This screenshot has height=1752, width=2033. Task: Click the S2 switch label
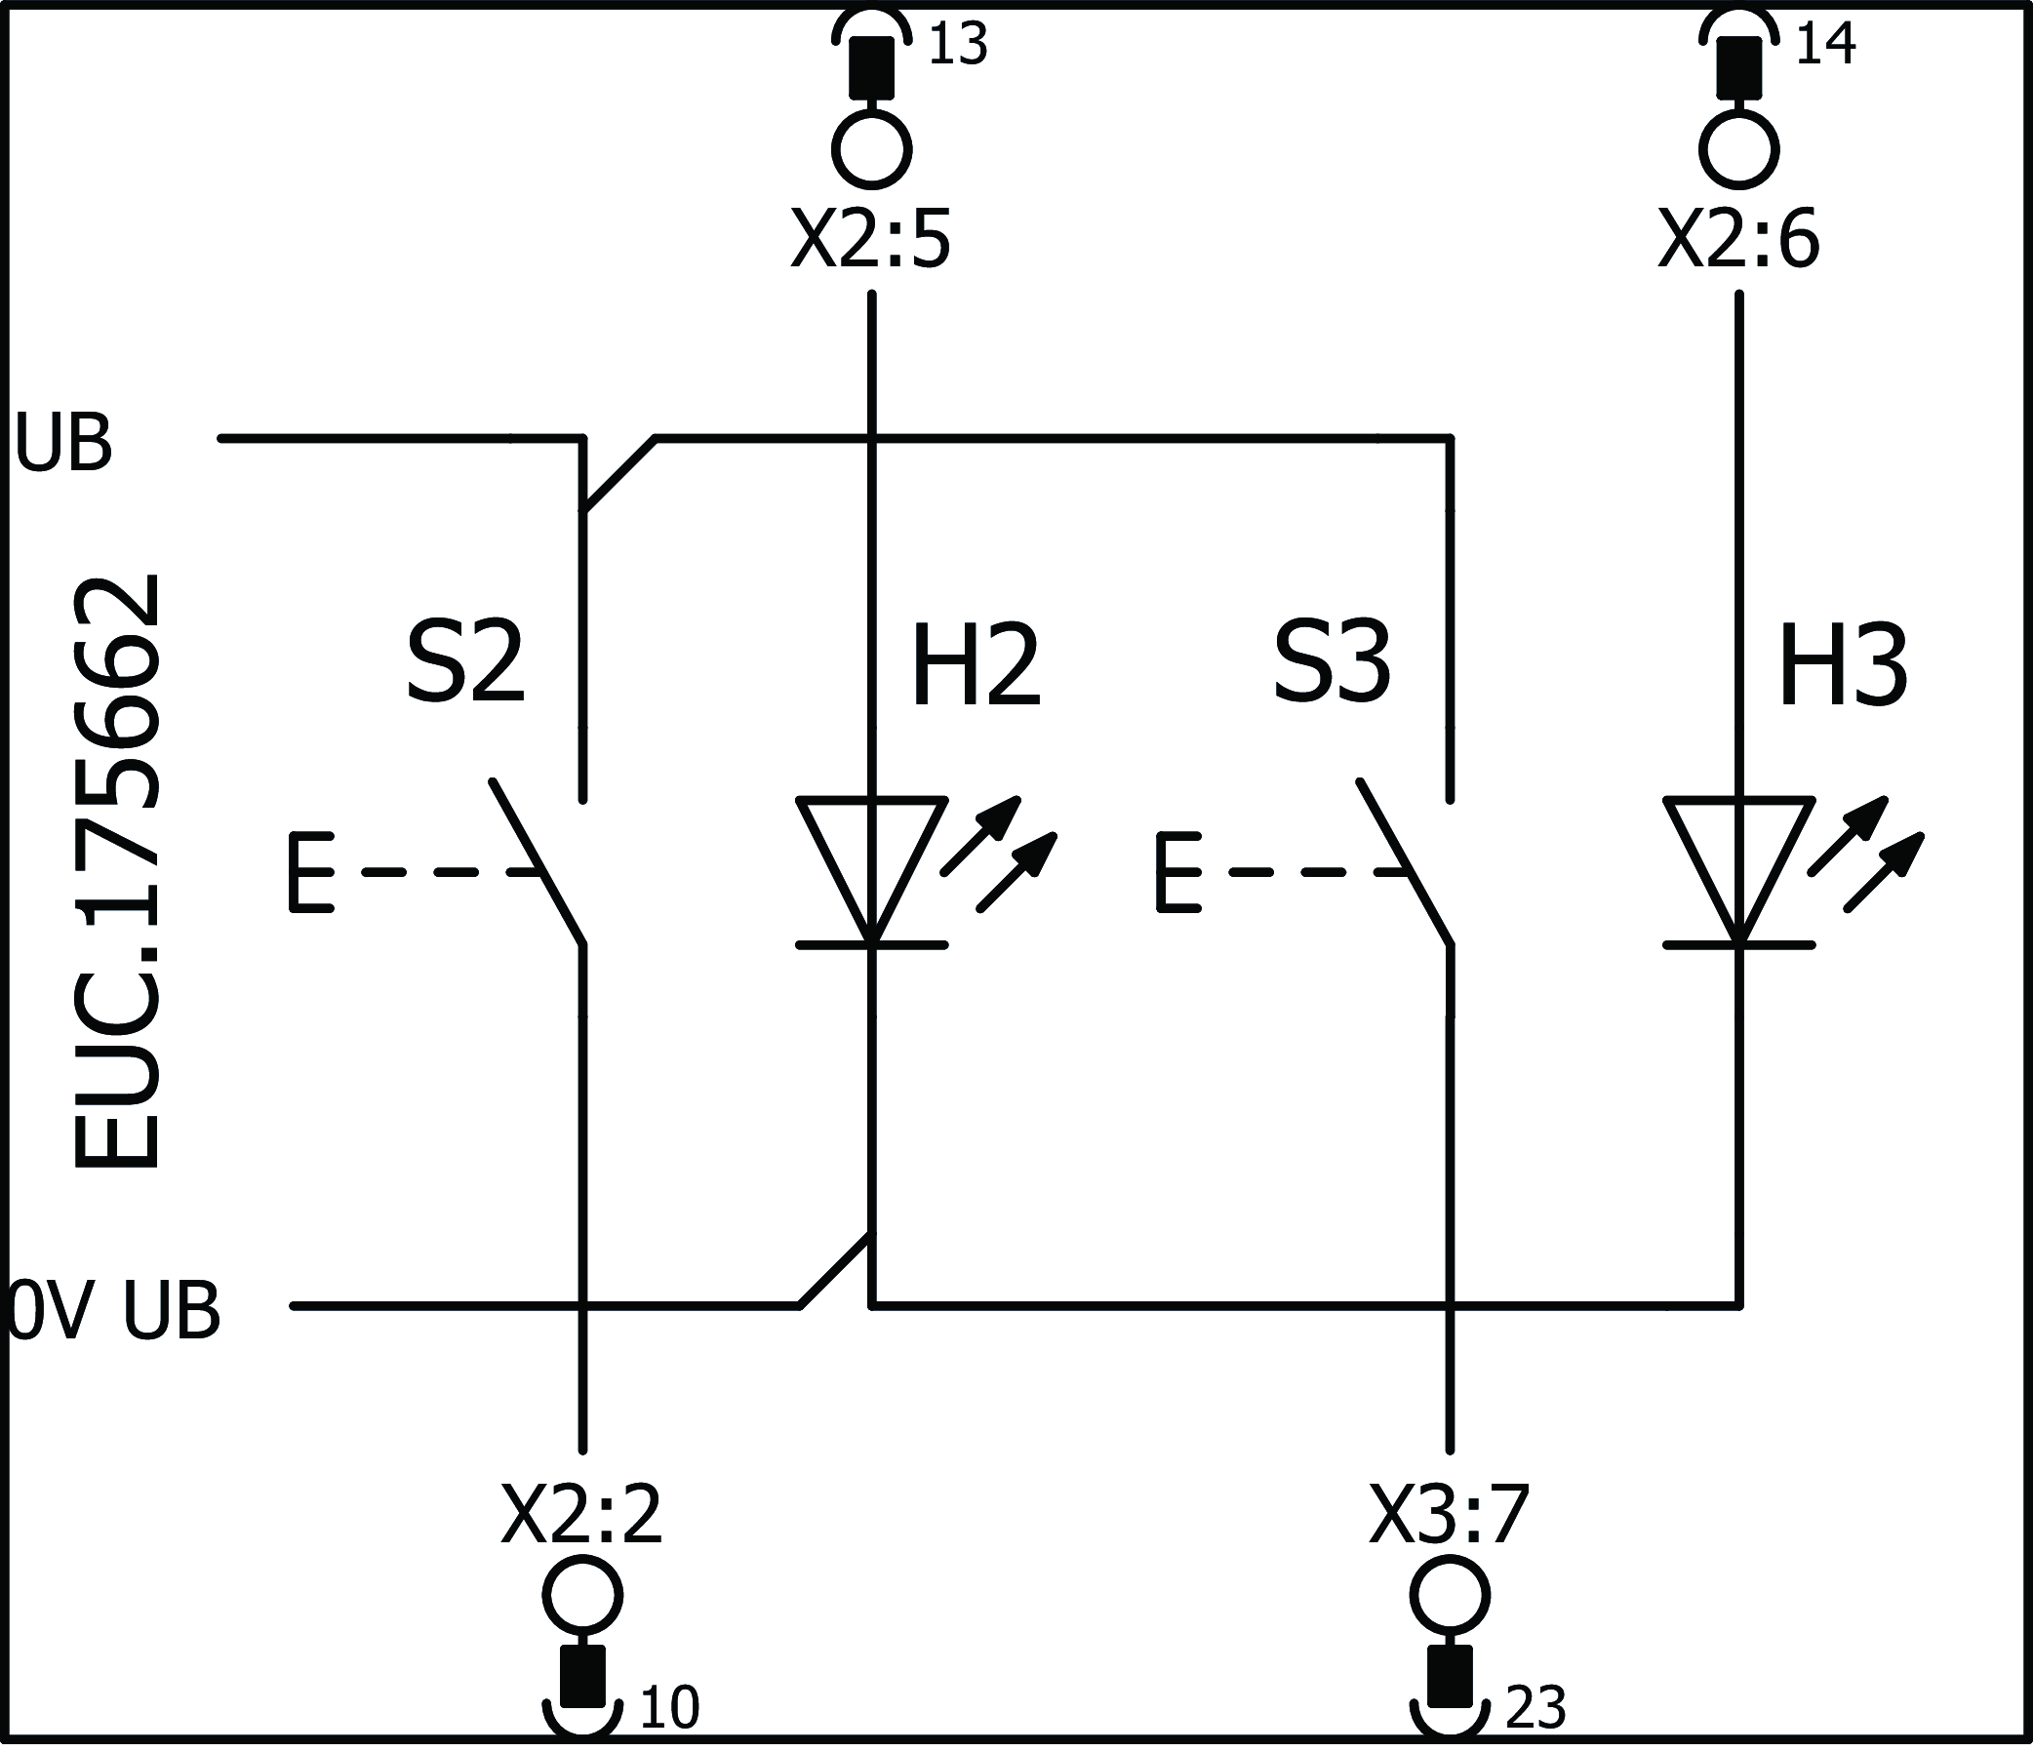pyautogui.click(x=465, y=664)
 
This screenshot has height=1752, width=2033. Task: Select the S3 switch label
pyautogui.click(x=1332, y=664)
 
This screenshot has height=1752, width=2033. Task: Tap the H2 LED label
pyautogui.click(x=976, y=667)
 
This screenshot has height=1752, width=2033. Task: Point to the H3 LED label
pyautogui.click(x=1843, y=667)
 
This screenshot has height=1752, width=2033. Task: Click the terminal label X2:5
pyautogui.click(x=871, y=240)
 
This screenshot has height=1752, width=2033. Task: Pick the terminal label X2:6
pyautogui.click(x=1738, y=240)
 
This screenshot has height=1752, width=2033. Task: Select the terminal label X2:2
pyautogui.click(x=581, y=1516)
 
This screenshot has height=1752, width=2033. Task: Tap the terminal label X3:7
pyautogui.click(x=1450, y=1516)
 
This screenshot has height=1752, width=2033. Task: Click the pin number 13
pyautogui.click(x=957, y=45)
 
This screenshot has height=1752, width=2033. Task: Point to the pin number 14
pyautogui.click(x=1825, y=45)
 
